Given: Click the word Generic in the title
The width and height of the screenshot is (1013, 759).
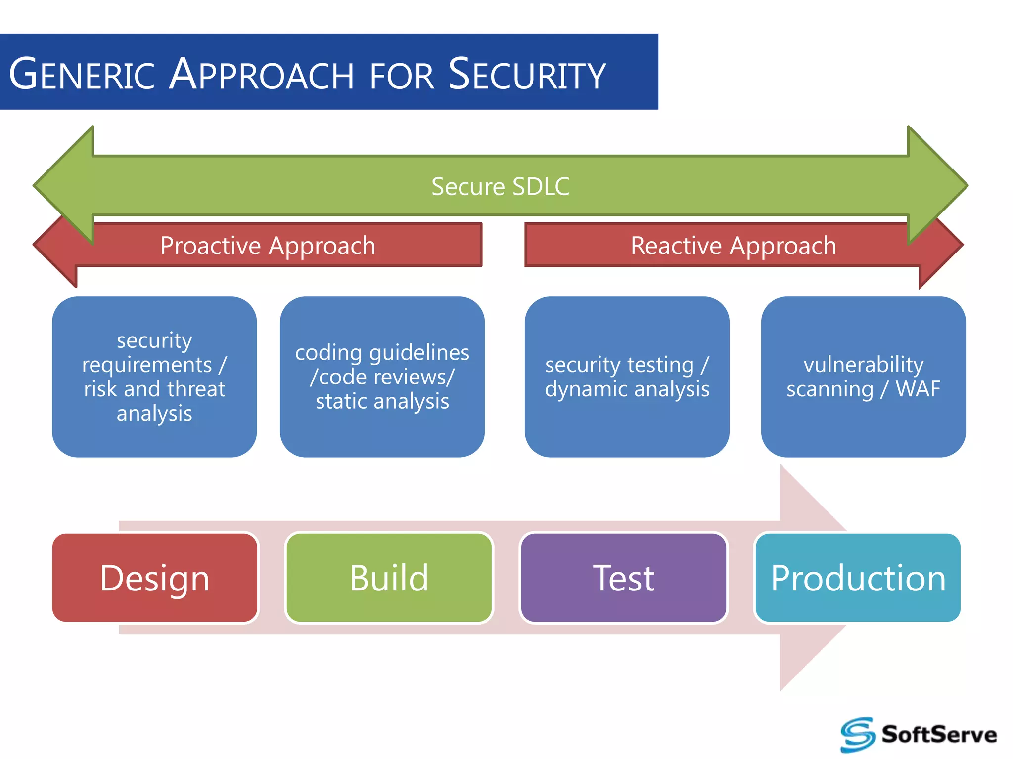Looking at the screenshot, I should [x=82, y=74].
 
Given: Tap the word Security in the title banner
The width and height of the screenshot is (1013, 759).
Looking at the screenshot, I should [x=527, y=74].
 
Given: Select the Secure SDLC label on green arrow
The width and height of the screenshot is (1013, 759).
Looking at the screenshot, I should [x=500, y=187].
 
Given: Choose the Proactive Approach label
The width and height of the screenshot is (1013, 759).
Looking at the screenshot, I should [x=268, y=246].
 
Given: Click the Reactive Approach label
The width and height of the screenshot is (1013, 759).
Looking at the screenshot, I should [x=733, y=246].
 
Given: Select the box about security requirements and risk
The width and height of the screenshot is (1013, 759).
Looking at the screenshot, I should [x=154, y=377].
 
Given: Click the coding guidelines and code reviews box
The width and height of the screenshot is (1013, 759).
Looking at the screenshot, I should [x=382, y=377].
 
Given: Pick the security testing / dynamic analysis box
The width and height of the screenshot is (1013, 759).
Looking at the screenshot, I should [x=627, y=377].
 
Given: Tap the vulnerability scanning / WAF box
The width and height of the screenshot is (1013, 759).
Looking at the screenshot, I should [x=863, y=377].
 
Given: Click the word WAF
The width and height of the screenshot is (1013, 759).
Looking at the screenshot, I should [x=918, y=389].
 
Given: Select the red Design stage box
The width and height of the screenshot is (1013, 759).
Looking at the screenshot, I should [x=155, y=578].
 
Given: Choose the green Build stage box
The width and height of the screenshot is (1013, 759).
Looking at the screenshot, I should [x=389, y=578].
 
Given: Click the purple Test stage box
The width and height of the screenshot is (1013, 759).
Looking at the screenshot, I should [x=623, y=578].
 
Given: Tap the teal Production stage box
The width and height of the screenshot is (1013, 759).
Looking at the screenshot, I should [x=858, y=578].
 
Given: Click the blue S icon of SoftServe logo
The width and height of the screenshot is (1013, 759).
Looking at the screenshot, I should [x=858, y=734].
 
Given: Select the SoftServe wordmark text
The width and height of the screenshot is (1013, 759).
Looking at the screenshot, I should [x=939, y=734].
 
